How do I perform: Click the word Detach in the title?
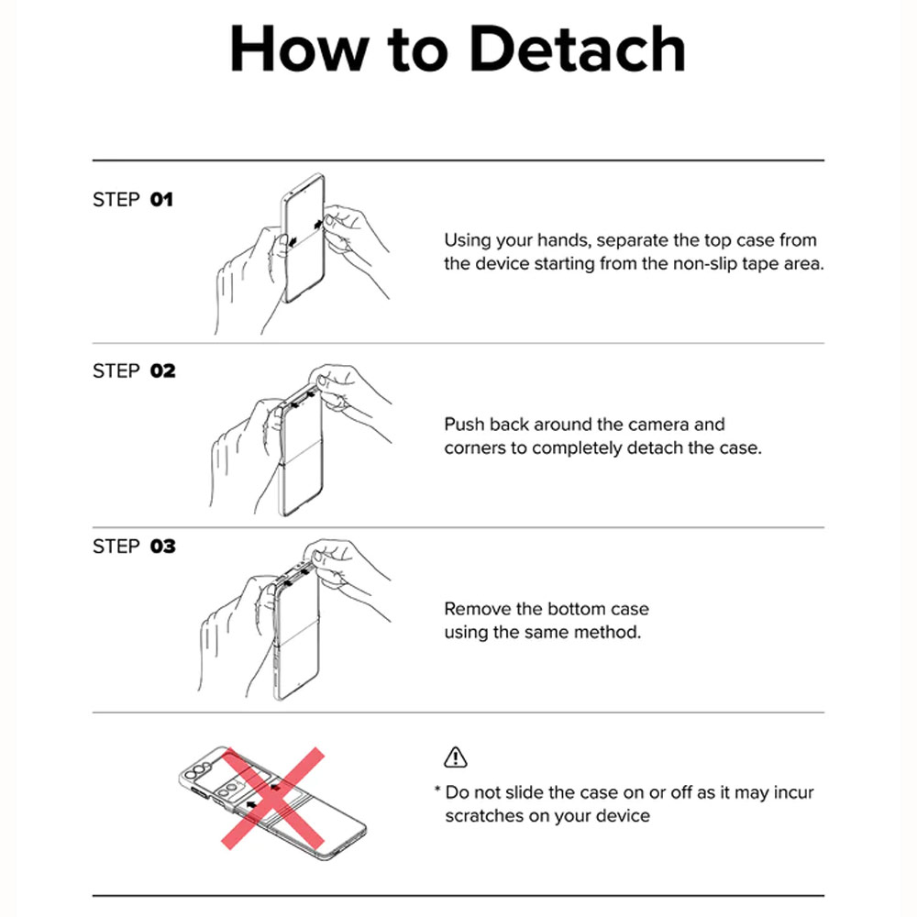tap(577, 49)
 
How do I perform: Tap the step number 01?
tap(161, 199)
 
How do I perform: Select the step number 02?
tap(162, 370)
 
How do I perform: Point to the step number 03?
tap(162, 547)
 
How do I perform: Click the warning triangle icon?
tap(456, 757)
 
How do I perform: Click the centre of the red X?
tap(273, 798)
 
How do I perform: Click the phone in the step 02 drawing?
tap(301, 450)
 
